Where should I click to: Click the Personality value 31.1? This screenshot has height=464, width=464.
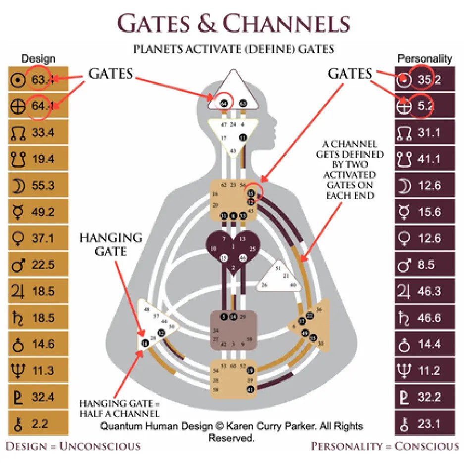pyautogui.click(x=429, y=132)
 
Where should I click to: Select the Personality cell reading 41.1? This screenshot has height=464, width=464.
pyautogui.click(x=429, y=159)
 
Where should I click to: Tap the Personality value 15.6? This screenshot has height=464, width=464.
pyautogui.click(x=429, y=212)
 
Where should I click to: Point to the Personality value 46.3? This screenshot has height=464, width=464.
pyautogui.click(x=429, y=291)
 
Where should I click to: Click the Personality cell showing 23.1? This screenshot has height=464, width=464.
pyautogui.click(x=429, y=424)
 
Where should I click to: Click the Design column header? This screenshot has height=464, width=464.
pyautogui.click(x=38, y=59)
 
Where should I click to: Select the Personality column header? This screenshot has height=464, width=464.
pyautogui.click(x=425, y=59)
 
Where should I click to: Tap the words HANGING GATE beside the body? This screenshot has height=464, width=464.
pyautogui.click(x=110, y=244)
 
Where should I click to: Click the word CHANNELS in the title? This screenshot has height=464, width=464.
pyautogui.click(x=286, y=24)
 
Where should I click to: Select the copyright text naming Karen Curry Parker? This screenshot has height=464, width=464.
pyautogui.click(x=232, y=426)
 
